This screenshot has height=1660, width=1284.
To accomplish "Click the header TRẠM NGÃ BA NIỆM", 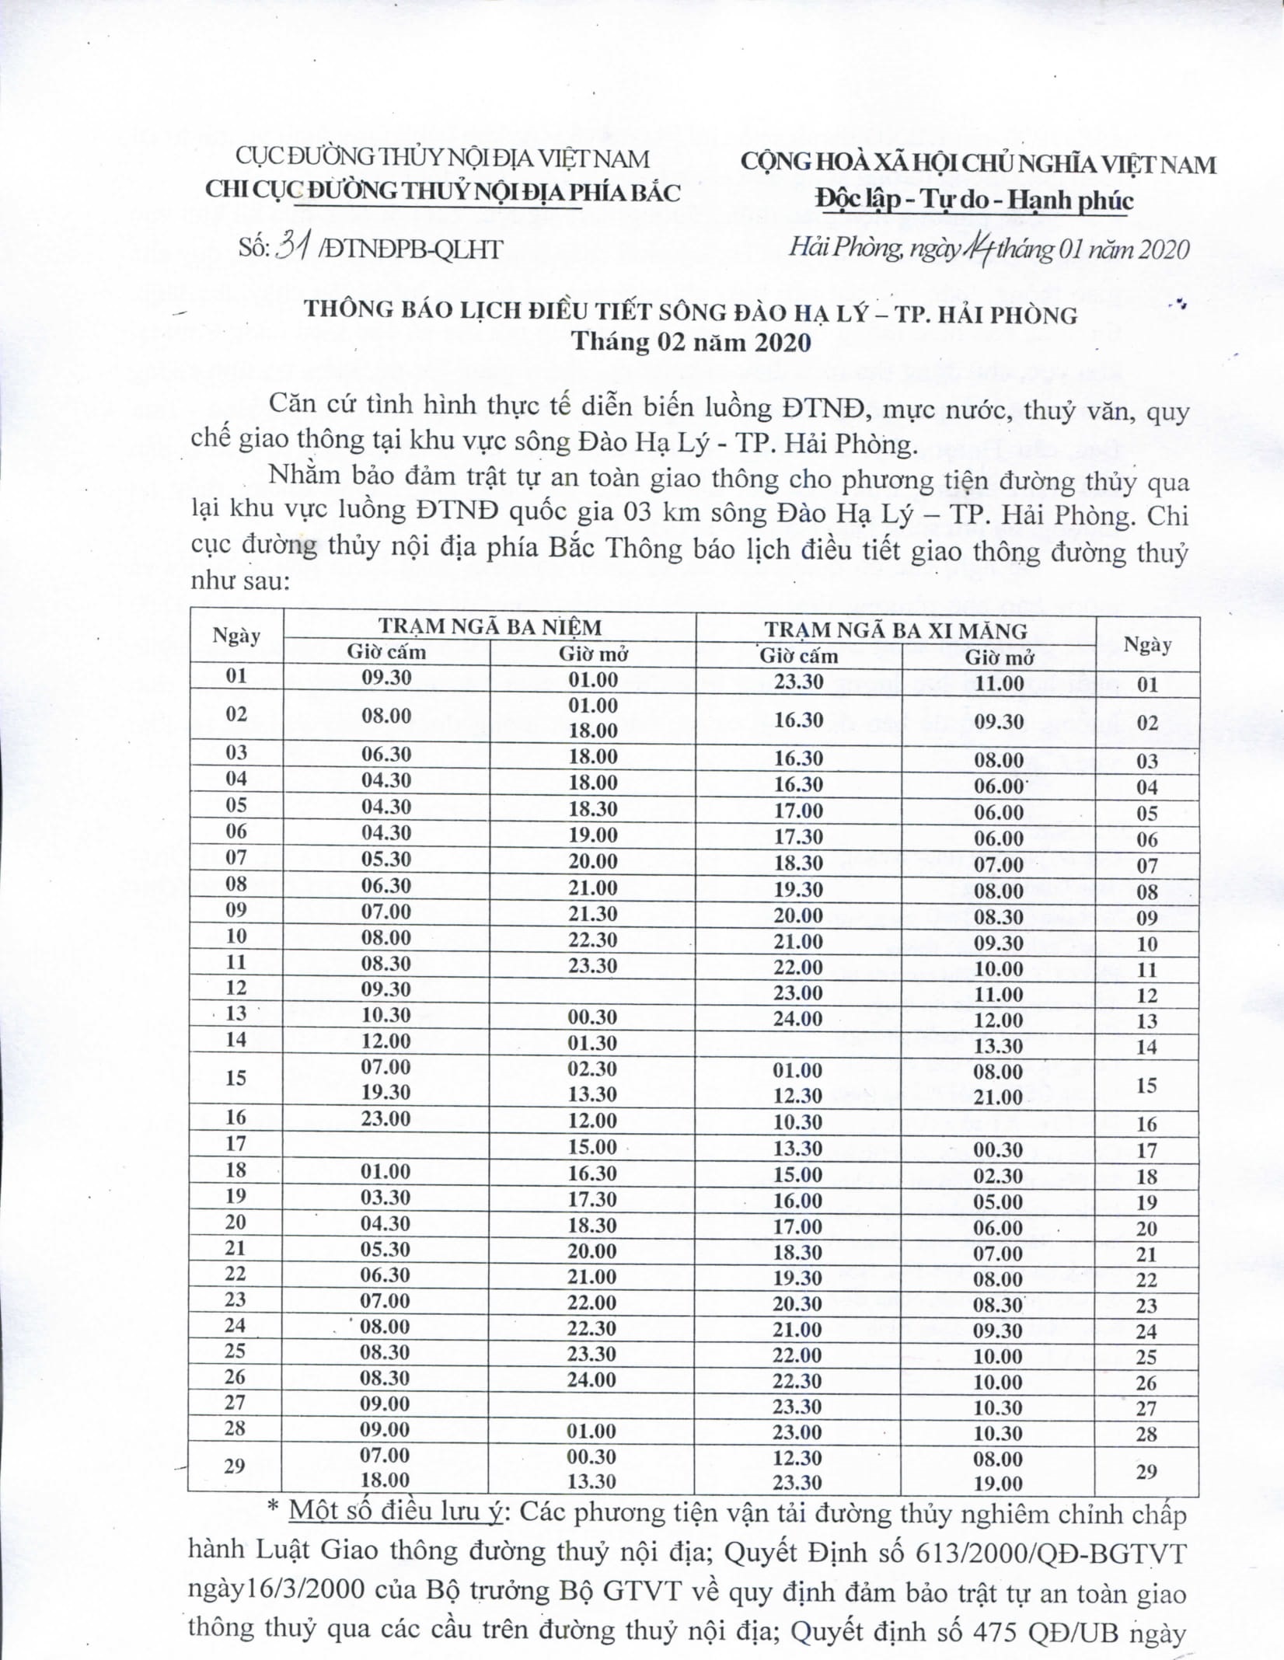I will point(490,627).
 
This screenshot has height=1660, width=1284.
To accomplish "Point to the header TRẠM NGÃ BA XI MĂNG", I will point(895,629).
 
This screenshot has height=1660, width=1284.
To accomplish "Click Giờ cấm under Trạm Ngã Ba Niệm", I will point(386,652).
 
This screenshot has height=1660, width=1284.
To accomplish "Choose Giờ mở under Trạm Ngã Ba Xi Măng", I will point(999,657).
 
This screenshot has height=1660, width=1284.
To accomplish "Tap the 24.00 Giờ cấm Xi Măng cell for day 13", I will point(798,1019).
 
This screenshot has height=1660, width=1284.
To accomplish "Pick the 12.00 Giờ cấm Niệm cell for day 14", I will point(386,1041).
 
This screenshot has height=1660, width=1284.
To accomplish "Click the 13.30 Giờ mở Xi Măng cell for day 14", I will point(999,1046).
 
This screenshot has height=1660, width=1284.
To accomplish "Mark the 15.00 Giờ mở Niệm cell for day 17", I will point(592,1146).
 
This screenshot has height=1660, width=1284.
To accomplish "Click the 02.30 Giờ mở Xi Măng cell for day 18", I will point(999,1175).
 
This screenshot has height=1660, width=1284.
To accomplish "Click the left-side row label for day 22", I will point(236,1273).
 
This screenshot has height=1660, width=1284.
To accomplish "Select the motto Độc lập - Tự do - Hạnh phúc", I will point(975,200).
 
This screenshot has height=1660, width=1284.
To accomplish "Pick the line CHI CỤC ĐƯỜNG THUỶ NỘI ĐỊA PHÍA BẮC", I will point(442,191).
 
